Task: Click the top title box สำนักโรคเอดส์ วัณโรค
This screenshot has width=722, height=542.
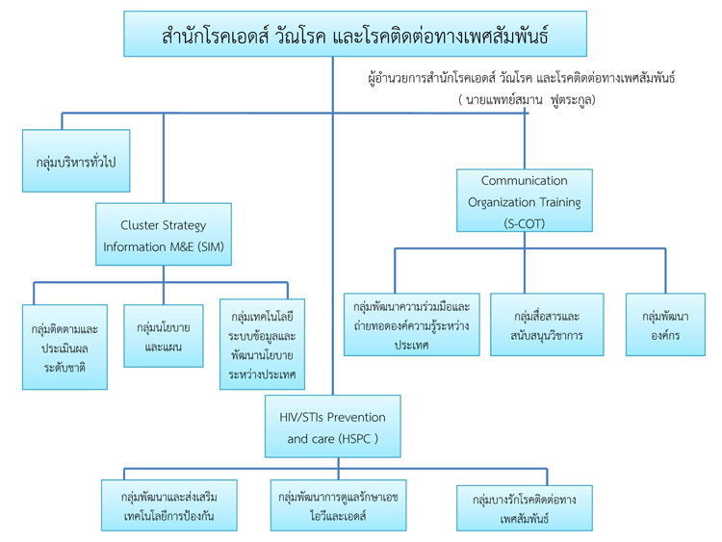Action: coord(355,35)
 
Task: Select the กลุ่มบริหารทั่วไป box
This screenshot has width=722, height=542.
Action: coord(76,161)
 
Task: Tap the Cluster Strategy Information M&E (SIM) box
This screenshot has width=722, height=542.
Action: coord(163,235)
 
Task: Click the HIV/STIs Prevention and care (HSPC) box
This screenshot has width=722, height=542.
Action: coord(332,426)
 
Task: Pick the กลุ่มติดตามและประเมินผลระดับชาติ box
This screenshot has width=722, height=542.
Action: coord(64,347)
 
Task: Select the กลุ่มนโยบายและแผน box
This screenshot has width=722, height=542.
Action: coord(163,336)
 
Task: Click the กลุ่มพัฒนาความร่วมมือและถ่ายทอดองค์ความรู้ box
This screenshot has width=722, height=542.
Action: coord(411,324)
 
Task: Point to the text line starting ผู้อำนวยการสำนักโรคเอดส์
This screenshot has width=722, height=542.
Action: coord(522,78)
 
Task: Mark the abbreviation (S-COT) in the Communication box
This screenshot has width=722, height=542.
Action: coord(524,222)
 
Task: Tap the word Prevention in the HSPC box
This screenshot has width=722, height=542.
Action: coord(352,417)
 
